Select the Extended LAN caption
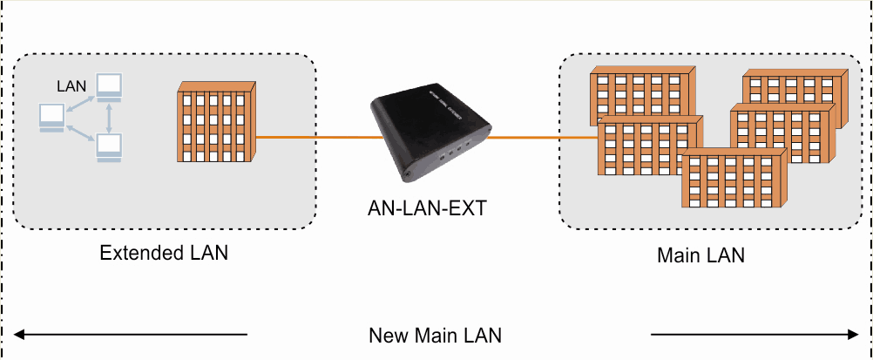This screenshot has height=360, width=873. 164,254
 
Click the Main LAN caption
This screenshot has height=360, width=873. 700,256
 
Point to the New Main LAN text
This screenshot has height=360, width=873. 436,336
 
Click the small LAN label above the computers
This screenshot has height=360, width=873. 71,86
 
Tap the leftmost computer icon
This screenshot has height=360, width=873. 51,117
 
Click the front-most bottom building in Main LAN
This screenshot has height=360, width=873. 732,179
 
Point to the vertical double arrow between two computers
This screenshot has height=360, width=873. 109,116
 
